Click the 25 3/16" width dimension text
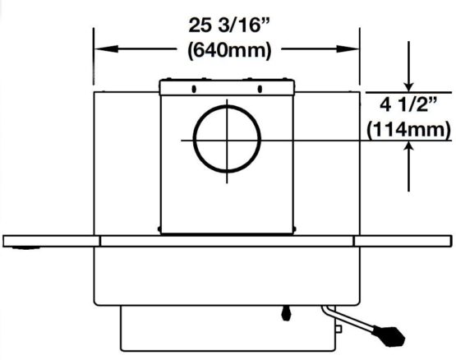[x=229, y=25]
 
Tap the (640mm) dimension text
[x=229, y=50]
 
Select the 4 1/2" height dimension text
[x=408, y=104]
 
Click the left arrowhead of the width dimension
[x=107, y=48]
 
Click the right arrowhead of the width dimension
[x=348, y=48]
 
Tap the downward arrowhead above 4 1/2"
[x=408, y=87]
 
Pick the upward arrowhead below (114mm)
[x=408, y=146]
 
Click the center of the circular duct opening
[x=227, y=139]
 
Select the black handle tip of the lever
[x=389, y=336]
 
